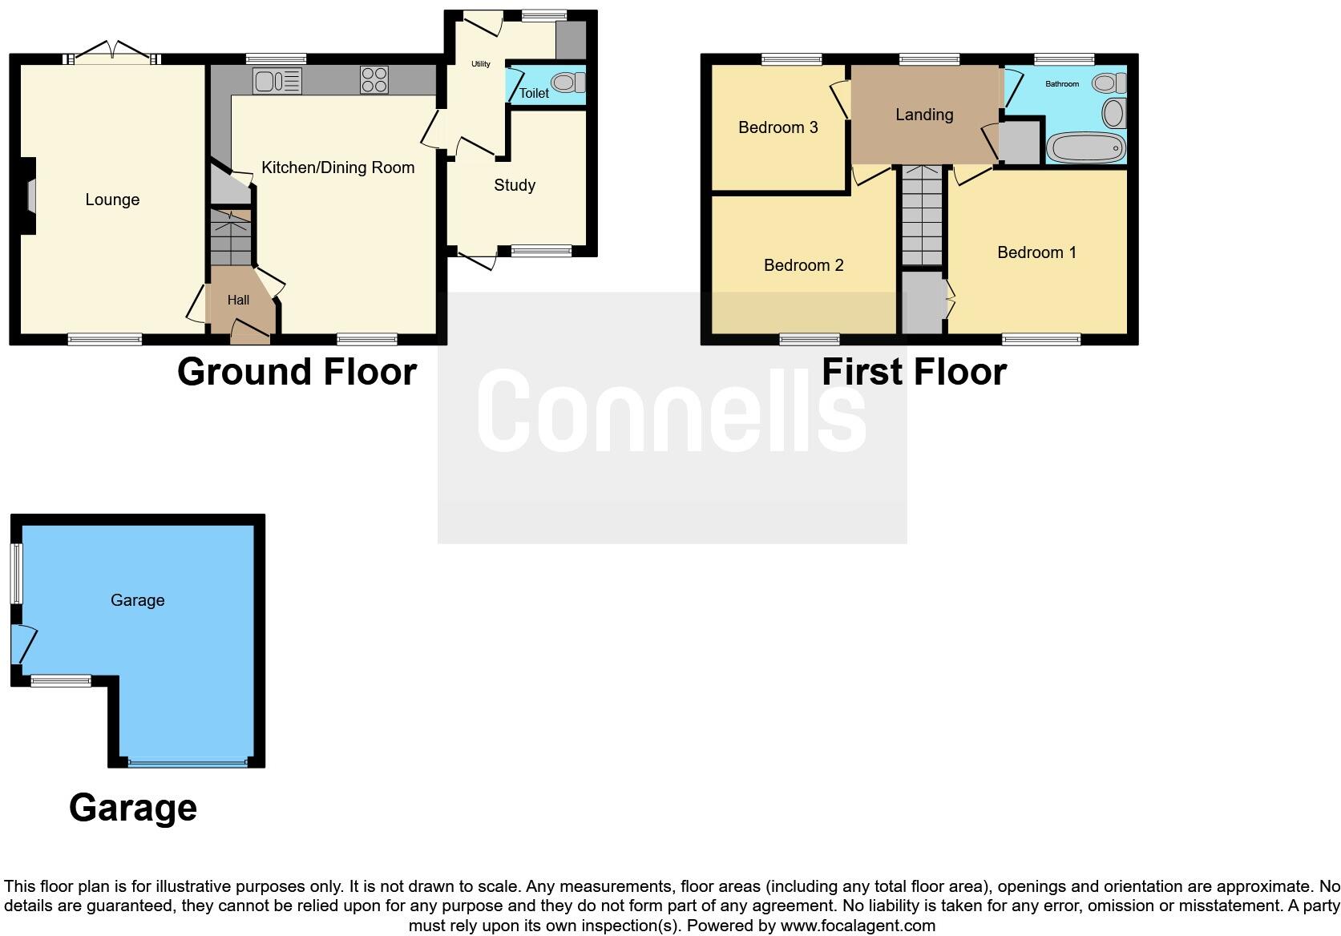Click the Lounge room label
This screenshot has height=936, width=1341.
pyautogui.click(x=112, y=200)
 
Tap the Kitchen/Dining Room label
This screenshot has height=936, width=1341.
pyautogui.click(x=337, y=167)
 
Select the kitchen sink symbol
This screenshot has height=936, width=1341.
pyautogui.click(x=277, y=81)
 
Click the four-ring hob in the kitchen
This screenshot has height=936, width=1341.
pyautogui.click(x=374, y=80)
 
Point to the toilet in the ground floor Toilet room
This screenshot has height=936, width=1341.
pyautogui.click(x=568, y=83)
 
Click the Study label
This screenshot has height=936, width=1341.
pyautogui.click(x=515, y=185)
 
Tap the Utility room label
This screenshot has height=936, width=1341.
pyautogui.click(x=481, y=64)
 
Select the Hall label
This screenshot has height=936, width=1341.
pyautogui.click(x=238, y=301)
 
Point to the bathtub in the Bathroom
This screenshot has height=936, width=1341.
pyautogui.click(x=1085, y=148)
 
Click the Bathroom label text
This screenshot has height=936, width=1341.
pyautogui.click(x=1062, y=83)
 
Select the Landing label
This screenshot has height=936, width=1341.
pyautogui.click(x=924, y=115)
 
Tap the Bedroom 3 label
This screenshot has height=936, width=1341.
pyautogui.click(x=778, y=127)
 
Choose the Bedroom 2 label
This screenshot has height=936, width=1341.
pyautogui.click(x=803, y=265)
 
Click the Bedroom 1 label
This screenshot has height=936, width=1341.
pyautogui.click(x=1036, y=252)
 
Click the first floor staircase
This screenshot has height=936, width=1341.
pyautogui.click(x=922, y=215)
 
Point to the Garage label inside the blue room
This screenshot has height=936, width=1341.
pyautogui.click(x=138, y=600)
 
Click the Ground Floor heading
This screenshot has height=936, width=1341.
pyautogui.click(x=297, y=372)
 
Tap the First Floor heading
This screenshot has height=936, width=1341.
pyautogui.click(x=914, y=372)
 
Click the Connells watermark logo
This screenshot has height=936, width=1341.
pyautogui.click(x=672, y=410)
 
